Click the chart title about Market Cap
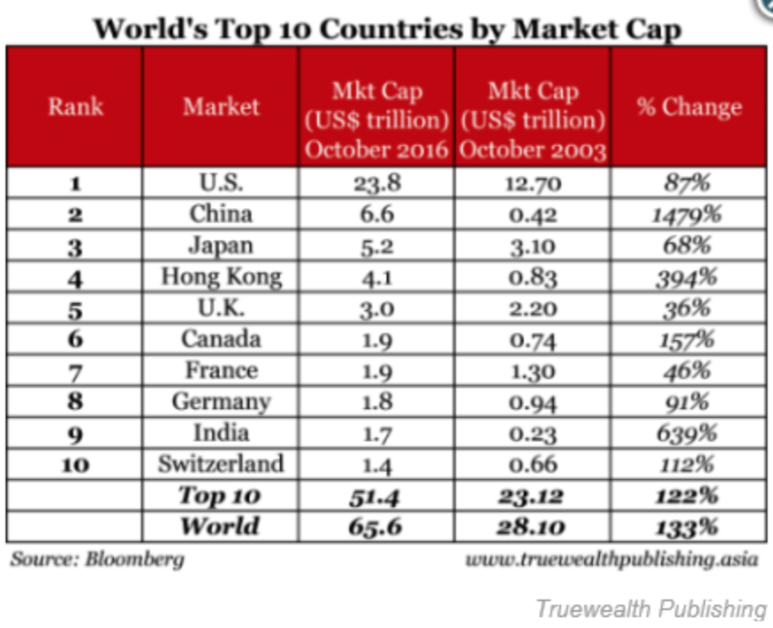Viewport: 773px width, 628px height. (387, 29)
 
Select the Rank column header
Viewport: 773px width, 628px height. (76, 107)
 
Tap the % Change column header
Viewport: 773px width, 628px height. (689, 107)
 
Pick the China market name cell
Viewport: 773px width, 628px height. (221, 214)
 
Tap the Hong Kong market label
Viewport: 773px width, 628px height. (221, 277)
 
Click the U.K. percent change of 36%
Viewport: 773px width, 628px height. (689, 308)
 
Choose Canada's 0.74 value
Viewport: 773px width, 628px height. (533, 340)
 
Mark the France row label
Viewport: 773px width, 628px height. (221, 370)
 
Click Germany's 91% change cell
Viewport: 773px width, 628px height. (689, 402)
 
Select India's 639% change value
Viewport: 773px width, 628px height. (689, 433)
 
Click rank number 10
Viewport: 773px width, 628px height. (76, 465)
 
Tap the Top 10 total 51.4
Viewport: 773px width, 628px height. (377, 496)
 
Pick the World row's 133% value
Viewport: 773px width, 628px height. (689, 527)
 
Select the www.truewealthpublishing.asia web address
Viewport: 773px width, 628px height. (611, 559)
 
